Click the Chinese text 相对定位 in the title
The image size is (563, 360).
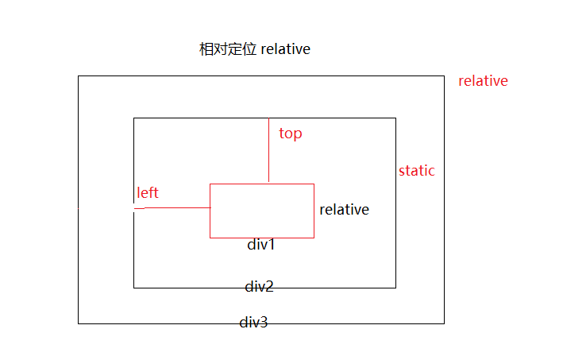click(x=228, y=49)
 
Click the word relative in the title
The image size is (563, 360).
click(x=285, y=49)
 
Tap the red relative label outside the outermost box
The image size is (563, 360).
click(x=483, y=81)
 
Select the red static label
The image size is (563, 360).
click(x=416, y=171)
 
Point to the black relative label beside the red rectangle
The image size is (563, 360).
click(x=344, y=210)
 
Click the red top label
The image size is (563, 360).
click(x=291, y=134)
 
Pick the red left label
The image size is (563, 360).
click(x=148, y=192)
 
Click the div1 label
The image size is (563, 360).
click(x=260, y=245)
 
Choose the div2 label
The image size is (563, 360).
click(x=259, y=286)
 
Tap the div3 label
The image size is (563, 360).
click(x=253, y=323)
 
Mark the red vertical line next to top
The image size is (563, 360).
click(x=269, y=151)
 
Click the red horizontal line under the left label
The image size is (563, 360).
click(x=175, y=208)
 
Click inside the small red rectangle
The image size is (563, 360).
click(x=262, y=211)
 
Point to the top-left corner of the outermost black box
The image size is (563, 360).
click(x=78, y=76)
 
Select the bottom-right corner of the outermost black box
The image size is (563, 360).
click(x=444, y=323)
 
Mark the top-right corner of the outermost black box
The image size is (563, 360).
click(x=444, y=76)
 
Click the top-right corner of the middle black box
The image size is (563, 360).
click(x=395, y=118)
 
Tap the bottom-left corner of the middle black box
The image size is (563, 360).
click(x=133, y=287)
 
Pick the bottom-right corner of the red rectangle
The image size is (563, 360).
click(x=314, y=238)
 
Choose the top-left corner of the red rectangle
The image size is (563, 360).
click(x=210, y=184)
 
